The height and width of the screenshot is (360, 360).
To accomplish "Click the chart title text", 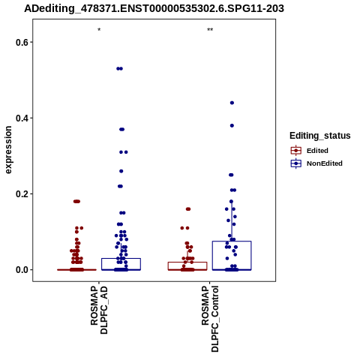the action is (154, 8).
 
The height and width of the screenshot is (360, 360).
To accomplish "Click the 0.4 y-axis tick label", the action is (21, 118).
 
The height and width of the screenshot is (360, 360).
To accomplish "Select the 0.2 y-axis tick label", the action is (21, 194).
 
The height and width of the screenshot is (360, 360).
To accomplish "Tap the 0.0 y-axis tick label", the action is (21, 270).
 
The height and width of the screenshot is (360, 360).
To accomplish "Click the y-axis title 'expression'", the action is (8, 150).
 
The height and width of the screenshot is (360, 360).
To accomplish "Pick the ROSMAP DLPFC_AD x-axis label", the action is (99, 310).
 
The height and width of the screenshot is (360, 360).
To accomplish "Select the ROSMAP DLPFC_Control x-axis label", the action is (210, 319).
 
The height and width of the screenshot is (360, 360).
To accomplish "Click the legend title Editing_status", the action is (320, 136).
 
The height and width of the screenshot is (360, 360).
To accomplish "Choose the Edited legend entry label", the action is (317, 151).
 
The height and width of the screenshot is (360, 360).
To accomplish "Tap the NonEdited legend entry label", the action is (325, 163).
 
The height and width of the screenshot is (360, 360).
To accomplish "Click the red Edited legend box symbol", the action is (296, 151).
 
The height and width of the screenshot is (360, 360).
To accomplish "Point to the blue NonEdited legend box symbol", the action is (296, 163).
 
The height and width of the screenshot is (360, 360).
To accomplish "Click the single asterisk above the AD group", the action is (99, 30).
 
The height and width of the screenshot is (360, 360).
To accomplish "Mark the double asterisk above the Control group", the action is (210, 30).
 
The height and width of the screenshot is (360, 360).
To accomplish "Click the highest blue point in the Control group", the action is (232, 103).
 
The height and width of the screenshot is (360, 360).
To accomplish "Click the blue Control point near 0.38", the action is (232, 125).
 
